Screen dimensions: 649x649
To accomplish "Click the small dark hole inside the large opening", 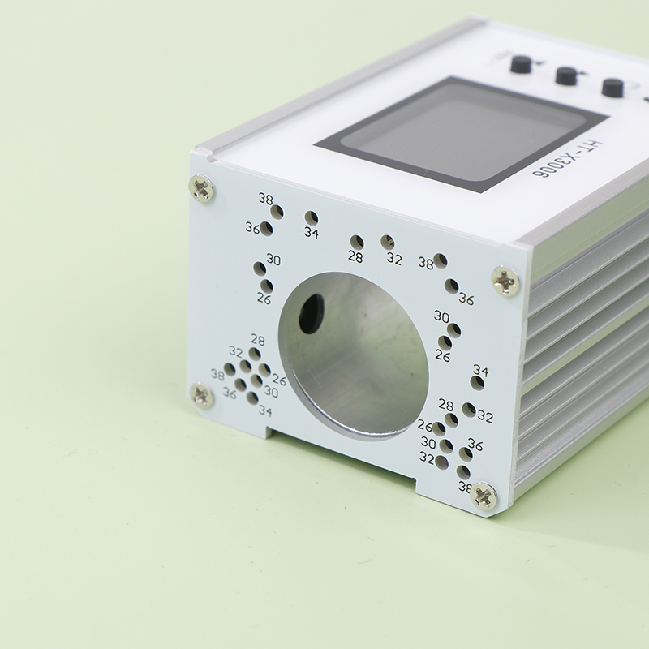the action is click(x=312, y=313).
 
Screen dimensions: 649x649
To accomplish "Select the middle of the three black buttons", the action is click(x=566, y=75).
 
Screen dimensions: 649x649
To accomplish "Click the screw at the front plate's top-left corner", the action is click(x=201, y=189).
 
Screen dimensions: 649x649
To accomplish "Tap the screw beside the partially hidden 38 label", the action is click(x=484, y=495).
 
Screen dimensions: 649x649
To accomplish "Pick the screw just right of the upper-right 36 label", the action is click(x=505, y=281).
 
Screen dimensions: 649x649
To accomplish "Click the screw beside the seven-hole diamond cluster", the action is click(x=201, y=395).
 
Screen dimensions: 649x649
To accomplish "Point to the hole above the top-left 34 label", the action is click(x=312, y=217).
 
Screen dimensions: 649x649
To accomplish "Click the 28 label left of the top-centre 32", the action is click(x=355, y=257).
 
